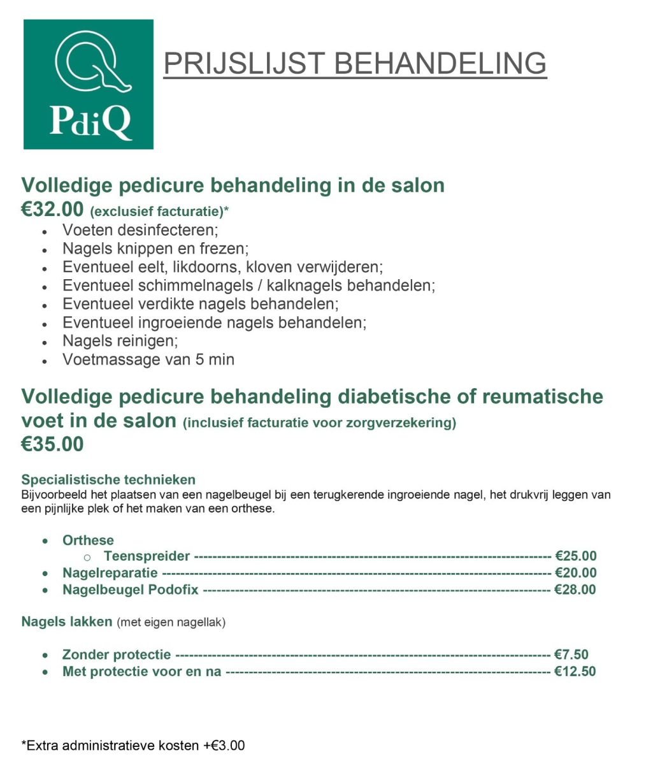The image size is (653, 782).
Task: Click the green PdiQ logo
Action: coord(89,84)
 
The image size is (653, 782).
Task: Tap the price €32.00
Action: coord(52,209)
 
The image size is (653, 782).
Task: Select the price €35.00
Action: coord(52,444)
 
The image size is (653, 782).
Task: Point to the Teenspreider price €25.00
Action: coord(575,556)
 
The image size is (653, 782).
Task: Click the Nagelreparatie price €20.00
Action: coord(575,572)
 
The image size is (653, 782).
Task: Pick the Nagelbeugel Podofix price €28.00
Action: coord(575,590)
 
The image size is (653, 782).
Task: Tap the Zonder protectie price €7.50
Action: coord(571,655)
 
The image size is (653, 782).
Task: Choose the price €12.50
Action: coord(575,671)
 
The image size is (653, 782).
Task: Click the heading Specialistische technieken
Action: coord(108,479)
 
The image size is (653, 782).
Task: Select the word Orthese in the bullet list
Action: coord(88,540)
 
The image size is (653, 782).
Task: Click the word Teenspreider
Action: coord(147,556)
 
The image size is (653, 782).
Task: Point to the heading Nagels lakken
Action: coord(67,621)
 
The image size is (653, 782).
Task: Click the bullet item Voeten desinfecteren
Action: coord(140,229)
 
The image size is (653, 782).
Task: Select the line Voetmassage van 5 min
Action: coord(148,359)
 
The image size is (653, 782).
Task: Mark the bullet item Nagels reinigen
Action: coord(120,341)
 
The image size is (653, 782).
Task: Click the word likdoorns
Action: coord(205,266)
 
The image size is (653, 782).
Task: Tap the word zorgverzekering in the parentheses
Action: coord(405,423)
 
